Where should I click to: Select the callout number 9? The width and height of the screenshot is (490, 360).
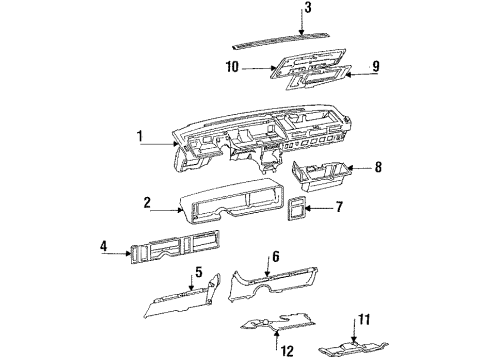(x=377, y=68)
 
